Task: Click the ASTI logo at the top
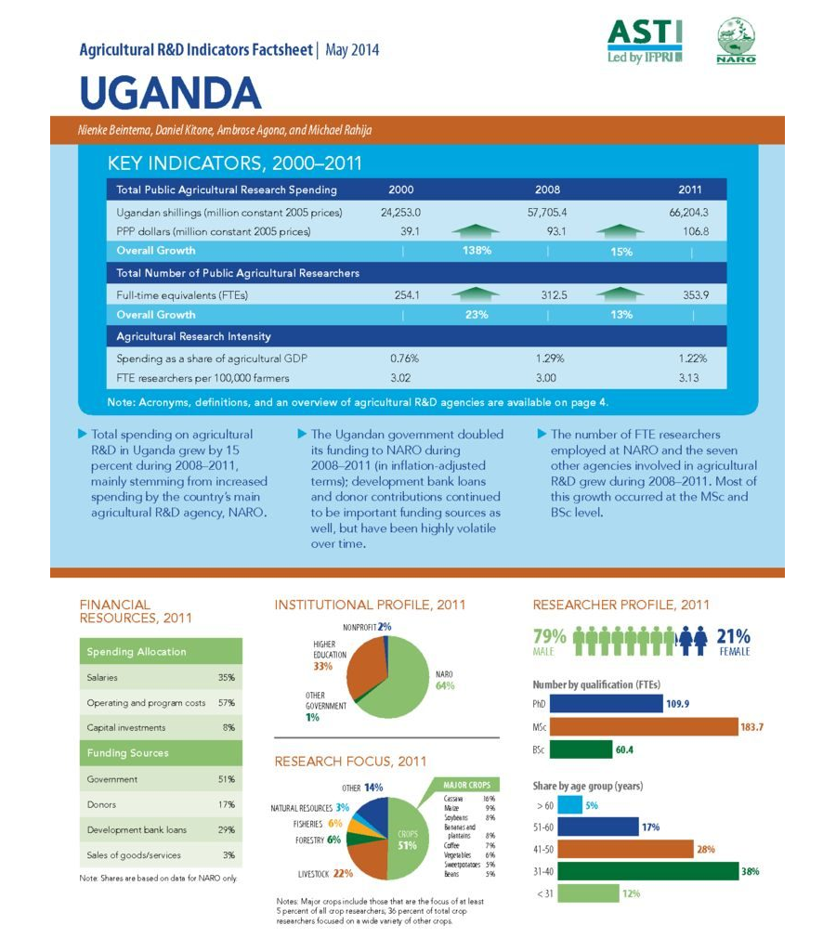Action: click(x=645, y=41)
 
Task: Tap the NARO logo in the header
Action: click(x=737, y=42)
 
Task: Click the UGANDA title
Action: click(x=170, y=93)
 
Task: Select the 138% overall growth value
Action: click(x=477, y=251)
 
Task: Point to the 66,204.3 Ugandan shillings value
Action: click(x=688, y=213)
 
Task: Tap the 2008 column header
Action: click(x=547, y=190)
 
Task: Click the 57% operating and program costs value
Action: click(x=226, y=703)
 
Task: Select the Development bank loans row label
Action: click(x=137, y=829)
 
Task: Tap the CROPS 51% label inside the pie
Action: click(x=406, y=840)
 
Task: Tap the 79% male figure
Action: click(x=550, y=636)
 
